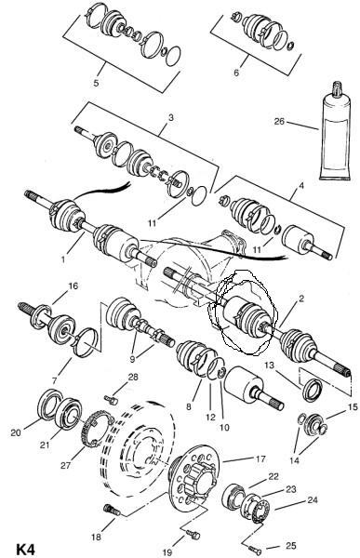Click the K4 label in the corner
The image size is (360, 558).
[25, 549]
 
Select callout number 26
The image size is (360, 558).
[279, 121]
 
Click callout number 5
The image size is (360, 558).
[96, 83]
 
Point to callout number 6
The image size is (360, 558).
[236, 73]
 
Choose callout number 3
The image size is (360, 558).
[171, 117]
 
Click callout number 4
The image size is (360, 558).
[301, 185]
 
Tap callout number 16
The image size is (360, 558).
[73, 286]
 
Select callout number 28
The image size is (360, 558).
[133, 377]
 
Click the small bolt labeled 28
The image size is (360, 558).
[111, 400]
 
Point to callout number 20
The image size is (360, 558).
[16, 432]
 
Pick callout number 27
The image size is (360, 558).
[65, 465]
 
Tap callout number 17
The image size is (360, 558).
[260, 458]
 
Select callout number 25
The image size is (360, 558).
[291, 546]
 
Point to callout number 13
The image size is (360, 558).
[270, 365]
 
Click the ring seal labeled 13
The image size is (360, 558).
[313, 391]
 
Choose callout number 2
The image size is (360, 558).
[301, 299]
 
